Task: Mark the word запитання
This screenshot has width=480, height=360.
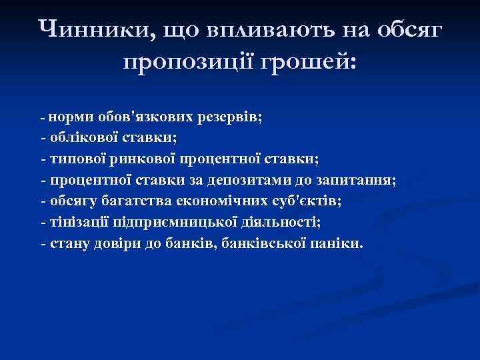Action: click(x=355, y=181)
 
